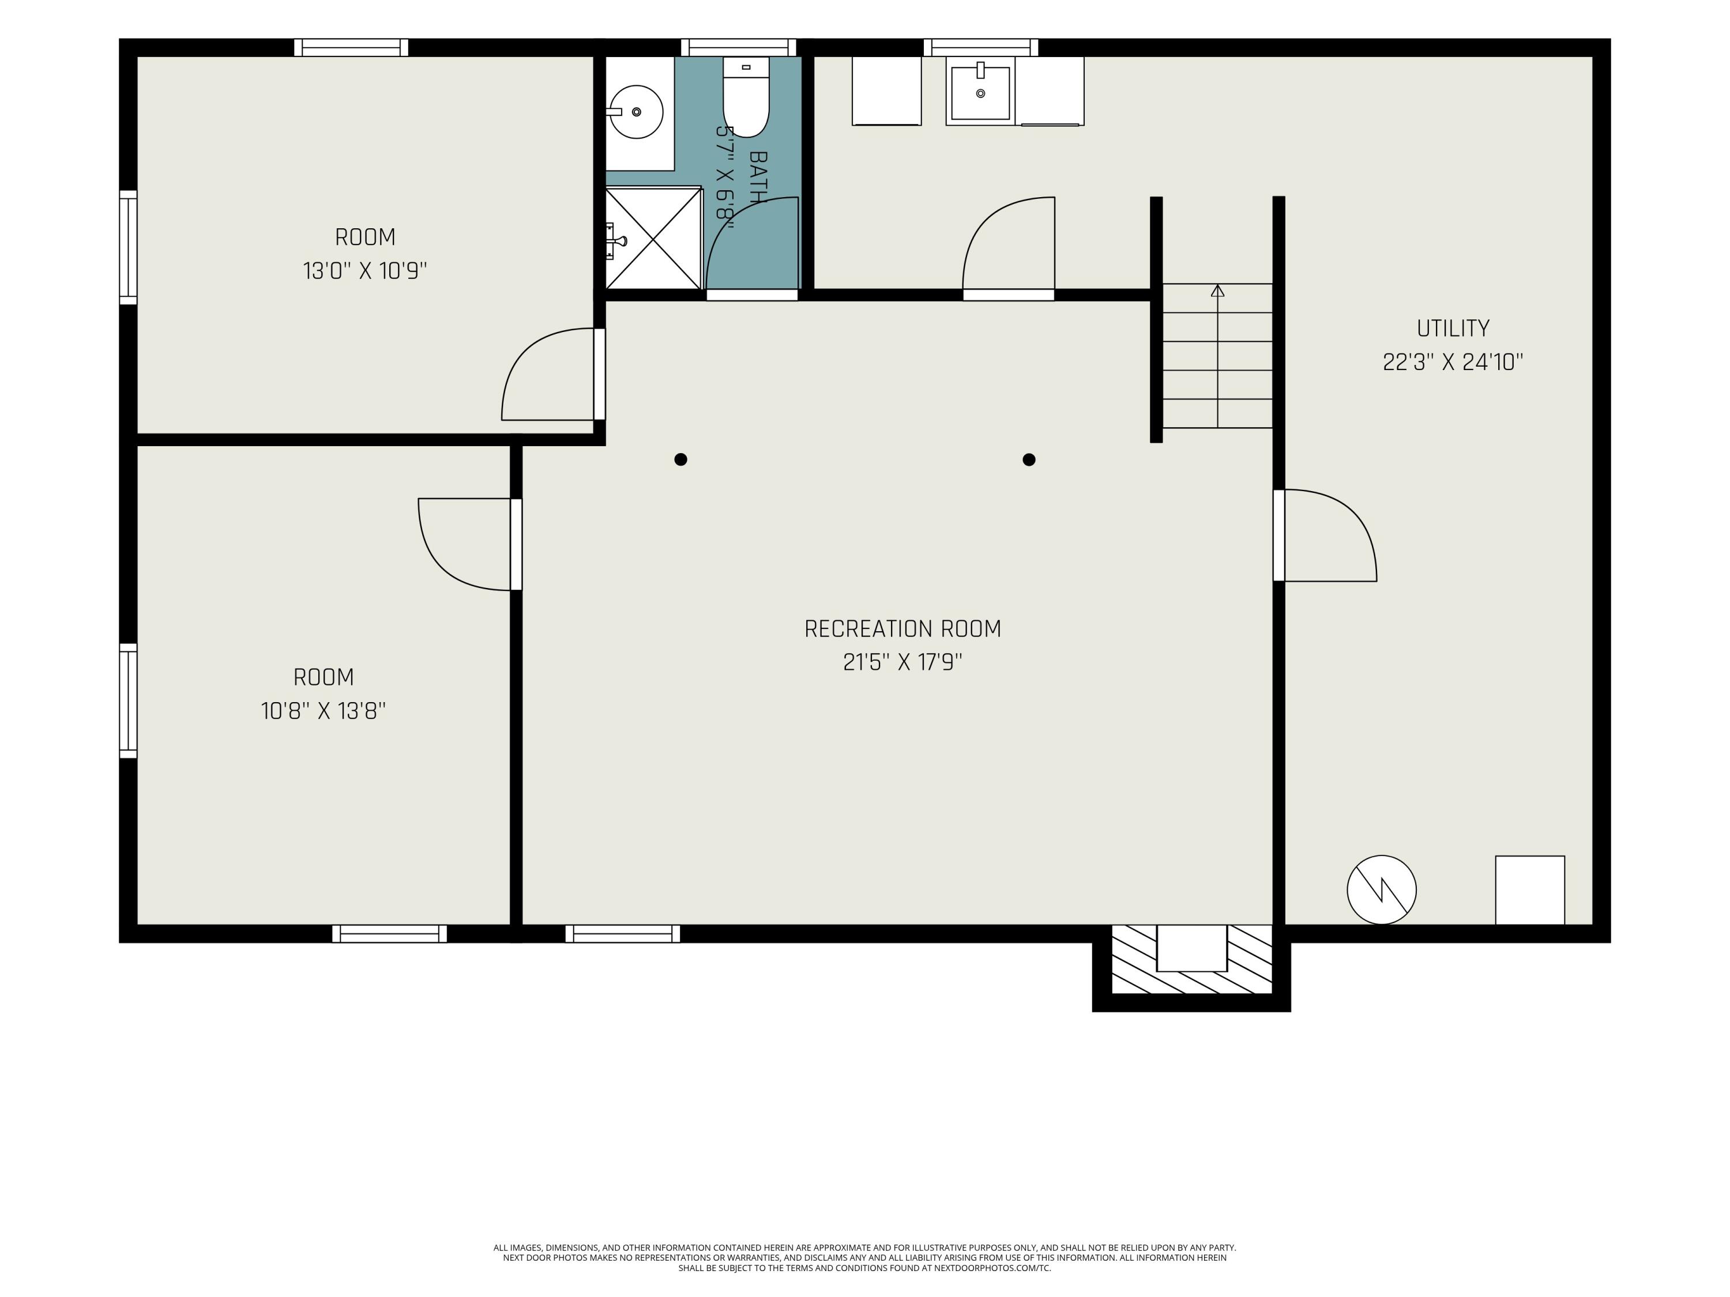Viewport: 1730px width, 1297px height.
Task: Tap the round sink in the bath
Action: (x=636, y=112)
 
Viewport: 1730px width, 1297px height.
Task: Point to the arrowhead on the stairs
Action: (x=1218, y=291)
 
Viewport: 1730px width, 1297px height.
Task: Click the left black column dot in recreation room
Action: (x=680, y=459)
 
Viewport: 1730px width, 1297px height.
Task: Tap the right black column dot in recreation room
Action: (x=1029, y=459)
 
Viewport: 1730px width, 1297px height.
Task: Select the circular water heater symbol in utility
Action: (x=1381, y=889)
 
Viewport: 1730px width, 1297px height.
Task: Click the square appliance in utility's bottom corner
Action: (x=1530, y=891)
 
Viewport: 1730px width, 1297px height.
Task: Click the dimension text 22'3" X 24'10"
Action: (x=1453, y=362)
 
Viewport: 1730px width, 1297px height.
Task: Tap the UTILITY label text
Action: (x=1453, y=329)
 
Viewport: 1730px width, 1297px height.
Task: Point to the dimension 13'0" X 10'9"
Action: (x=365, y=270)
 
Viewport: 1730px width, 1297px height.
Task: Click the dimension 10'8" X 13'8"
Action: (x=323, y=711)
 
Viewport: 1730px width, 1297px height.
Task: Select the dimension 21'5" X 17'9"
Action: (x=902, y=663)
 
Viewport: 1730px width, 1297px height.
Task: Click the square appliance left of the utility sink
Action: (x=886, y=91)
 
